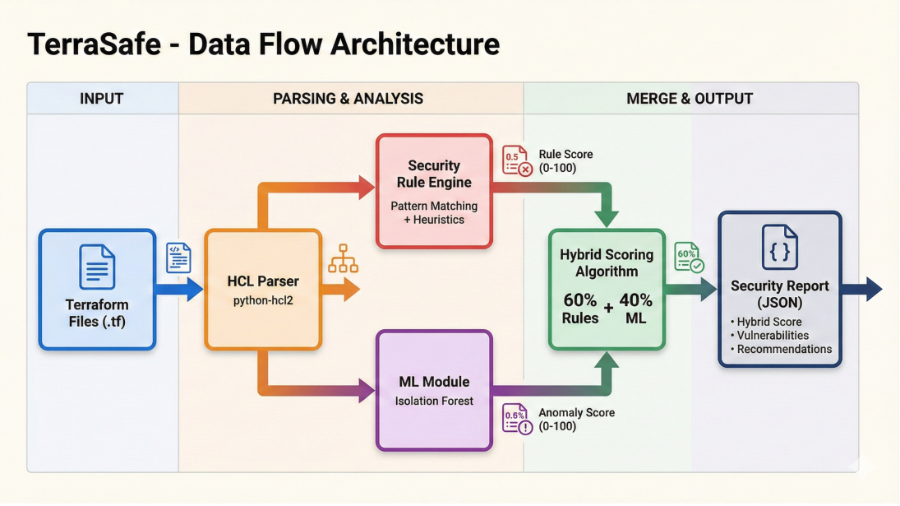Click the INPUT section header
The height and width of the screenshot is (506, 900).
[101, 99]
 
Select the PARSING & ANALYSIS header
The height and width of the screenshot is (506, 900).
[348, 99]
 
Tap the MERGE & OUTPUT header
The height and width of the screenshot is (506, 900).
[690, 99]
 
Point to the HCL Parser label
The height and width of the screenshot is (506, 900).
[263, 281]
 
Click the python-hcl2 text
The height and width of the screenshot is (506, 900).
[263, 301]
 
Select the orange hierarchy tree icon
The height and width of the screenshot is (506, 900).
[344, 258]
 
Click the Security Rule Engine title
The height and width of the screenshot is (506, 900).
[434, 174]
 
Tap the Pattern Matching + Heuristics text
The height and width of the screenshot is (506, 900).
[434, 213]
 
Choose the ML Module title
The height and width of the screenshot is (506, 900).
[434, 382]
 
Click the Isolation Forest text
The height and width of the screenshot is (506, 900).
[434, 402]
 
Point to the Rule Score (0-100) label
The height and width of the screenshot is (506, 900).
[565, 161]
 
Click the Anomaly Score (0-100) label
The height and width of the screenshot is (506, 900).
[576, 420]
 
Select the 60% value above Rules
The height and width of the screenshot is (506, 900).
[580, 300]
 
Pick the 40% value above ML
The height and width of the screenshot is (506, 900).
[635, 300]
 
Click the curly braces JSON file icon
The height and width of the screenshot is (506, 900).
[779, 247]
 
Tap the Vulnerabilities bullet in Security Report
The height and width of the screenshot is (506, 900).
[773, 336]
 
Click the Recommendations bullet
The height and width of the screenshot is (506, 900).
[783, 349]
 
